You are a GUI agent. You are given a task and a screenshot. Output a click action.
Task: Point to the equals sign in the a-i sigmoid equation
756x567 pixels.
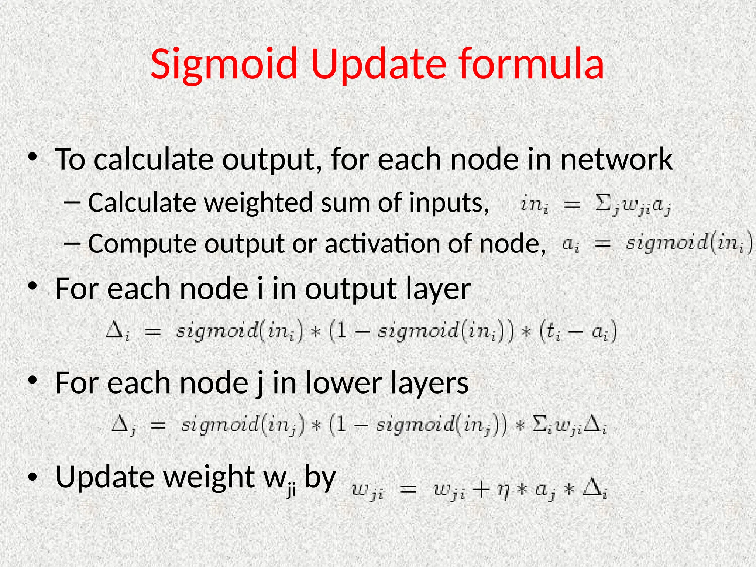[x=602, y=244]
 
